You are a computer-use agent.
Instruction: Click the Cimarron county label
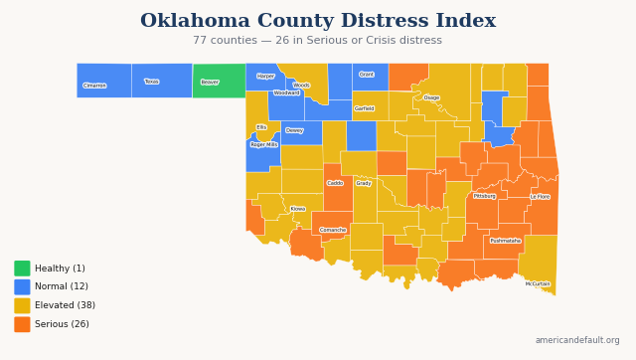[94, 86]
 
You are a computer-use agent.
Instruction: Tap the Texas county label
[151, 82]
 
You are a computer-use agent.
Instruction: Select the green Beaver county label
[210, 83]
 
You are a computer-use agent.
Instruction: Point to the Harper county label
[265, 76]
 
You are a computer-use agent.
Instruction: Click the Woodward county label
[286, 92]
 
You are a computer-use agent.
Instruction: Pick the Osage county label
[431, 97]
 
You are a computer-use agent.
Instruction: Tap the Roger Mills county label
[263, 144]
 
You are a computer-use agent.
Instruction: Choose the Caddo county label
[335, 183]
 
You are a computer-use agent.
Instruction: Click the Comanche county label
[333, 230]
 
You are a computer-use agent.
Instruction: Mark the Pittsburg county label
[484, 196]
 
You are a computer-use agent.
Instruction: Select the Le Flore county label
[540, 197]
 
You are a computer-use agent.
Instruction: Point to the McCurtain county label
[538, 283]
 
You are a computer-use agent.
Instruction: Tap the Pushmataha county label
[505, 241]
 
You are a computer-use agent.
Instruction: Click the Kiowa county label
[298, 209]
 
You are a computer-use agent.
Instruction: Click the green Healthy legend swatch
[22, 269]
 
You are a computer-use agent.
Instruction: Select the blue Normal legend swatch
[22, 286]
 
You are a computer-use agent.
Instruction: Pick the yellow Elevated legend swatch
[22, 305]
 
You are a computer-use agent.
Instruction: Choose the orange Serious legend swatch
[22, 324]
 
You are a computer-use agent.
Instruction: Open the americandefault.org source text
[576, 340]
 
